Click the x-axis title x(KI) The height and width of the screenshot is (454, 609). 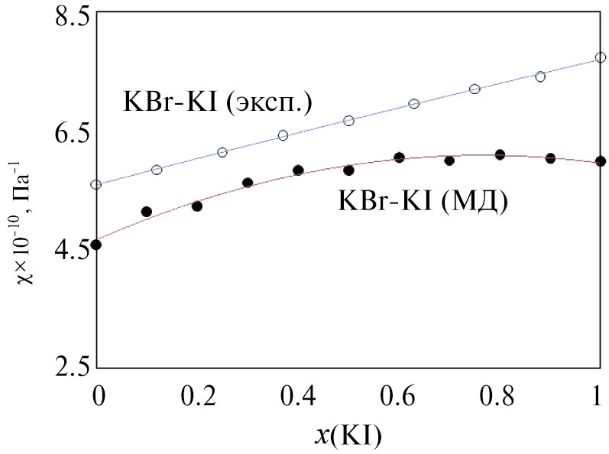point(348,436)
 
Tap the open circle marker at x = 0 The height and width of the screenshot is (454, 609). point(96,184)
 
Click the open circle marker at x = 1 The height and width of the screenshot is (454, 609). point(601,57)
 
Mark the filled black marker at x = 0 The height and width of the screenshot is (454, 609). point(96,245)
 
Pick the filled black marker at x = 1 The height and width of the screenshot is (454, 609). point(601,161)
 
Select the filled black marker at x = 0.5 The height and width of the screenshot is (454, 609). point(348,170)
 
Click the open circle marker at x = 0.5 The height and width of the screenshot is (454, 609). point(348,121)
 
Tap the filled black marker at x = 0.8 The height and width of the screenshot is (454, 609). point(500,154)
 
